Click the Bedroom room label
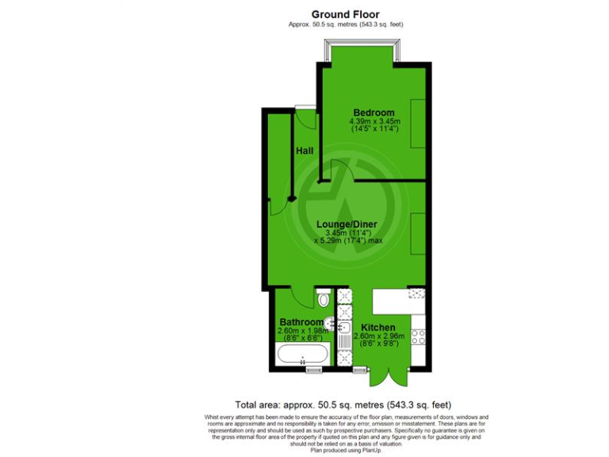point(373,113)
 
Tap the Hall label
point(304,151)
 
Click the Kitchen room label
point(378,328)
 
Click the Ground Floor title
point(345,14)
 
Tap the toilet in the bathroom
point(323,298)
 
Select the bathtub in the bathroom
point(302,354)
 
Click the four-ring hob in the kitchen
point(418,336)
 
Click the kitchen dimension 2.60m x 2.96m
point(384,336)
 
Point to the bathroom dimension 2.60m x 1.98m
point(302,331)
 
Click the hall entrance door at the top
point(305,119)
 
